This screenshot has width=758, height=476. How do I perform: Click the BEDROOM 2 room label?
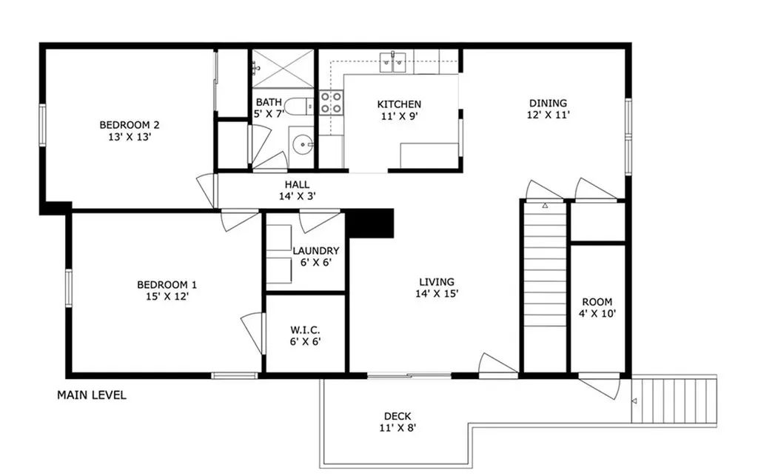coord(130,124)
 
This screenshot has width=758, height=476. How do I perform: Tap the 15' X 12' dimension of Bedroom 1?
coord(167,297)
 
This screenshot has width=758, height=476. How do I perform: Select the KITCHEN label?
coord(399,104)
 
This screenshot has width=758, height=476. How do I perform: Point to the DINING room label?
coord(548,103)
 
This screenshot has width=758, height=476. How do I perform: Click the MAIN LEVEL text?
coord(92,395)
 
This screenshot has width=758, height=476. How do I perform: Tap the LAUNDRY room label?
coord(315,251)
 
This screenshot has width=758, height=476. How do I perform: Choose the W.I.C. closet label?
coord(305,329)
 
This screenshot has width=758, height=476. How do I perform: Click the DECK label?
coord(398,416)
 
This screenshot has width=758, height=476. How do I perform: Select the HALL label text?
coord(297,185)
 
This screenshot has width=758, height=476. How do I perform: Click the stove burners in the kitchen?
coord(331,102)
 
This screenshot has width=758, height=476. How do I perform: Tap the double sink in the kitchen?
coord(393,63)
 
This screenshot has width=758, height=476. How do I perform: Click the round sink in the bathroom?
coord(301,144)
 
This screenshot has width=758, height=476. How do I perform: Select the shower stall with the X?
coord(284,68)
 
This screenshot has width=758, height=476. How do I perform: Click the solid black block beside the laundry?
coord(369,223)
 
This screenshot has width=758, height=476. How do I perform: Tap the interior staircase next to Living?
coord(544,274)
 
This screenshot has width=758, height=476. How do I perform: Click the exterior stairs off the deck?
coord(677,400)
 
